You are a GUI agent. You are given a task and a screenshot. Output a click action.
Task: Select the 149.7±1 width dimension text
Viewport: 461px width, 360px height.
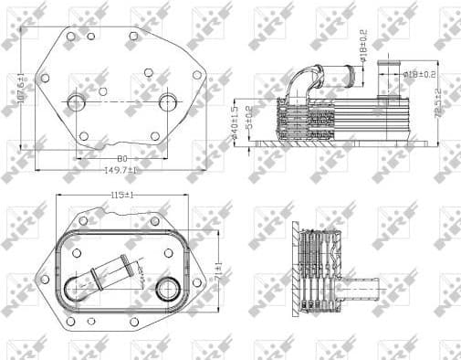pos(120,170)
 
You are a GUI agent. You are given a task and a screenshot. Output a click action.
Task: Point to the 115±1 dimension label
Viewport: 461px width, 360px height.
pos(121,196)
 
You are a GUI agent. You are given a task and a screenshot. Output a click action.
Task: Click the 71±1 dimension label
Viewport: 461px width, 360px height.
pos(217,270)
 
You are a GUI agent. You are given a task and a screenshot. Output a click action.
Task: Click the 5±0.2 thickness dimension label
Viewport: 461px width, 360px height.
pos(248,121)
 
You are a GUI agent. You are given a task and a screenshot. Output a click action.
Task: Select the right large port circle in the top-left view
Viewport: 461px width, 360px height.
pos(167,101)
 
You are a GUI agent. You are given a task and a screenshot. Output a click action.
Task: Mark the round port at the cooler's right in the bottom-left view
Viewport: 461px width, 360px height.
pos(166,291)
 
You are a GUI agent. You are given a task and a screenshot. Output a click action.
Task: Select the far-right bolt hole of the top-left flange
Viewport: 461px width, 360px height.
pos(197,75)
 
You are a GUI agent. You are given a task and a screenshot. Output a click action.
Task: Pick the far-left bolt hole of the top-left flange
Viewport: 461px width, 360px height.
pos(46,75)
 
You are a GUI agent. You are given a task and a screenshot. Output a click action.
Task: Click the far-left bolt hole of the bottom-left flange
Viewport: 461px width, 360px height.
pos(43,276)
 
